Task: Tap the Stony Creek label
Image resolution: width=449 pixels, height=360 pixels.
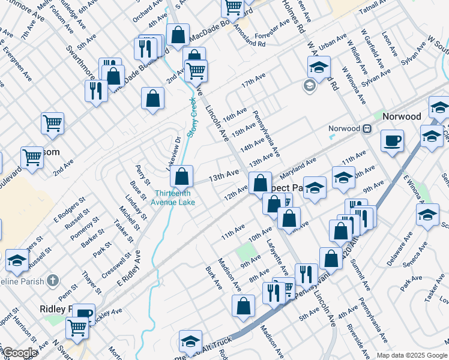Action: click(x=193, y=119)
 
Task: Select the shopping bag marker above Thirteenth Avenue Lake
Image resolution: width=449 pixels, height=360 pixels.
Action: click(x=181, y=176)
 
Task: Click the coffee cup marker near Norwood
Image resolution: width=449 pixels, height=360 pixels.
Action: click(x=392, y=141)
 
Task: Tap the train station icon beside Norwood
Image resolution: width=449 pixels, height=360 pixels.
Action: click(x=366, y=128)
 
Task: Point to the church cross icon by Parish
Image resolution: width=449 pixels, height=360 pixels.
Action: click(x=53, y=280)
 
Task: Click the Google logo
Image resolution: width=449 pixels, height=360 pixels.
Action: click(x=19, y=353)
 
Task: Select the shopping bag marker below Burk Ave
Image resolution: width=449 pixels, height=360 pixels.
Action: click(x=243, y=305)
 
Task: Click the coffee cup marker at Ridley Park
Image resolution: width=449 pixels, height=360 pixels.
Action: click(x=85, y=313)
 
